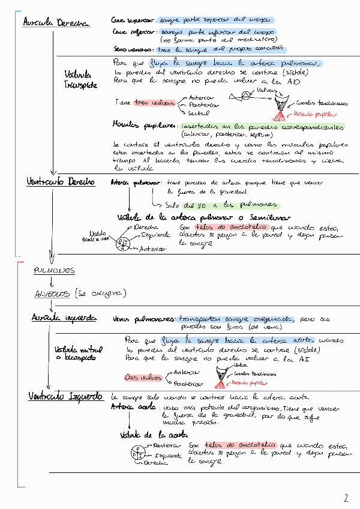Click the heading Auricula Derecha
click(55, 23)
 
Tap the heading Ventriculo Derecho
click(59, 181)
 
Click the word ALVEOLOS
click(53, 294)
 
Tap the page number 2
click(346, 498)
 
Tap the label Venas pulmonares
click(143, 319)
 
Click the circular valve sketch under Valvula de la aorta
click(137, 454)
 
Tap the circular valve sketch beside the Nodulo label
click(123, 244)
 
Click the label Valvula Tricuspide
click(80, 80)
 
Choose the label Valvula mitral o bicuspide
click(78, 354)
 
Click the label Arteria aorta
click(133, 407)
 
